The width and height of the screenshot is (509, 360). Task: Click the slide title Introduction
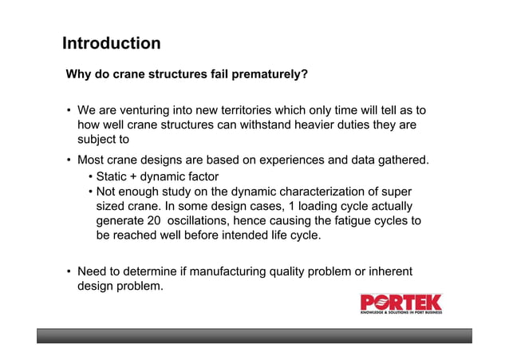pos(111,43)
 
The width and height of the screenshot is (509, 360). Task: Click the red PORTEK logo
pos(400,304)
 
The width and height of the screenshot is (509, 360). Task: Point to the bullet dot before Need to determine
pos(69,273)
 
